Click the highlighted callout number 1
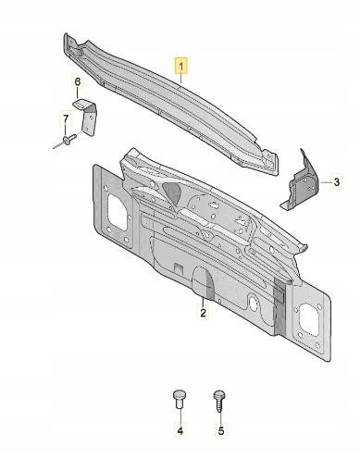click(x=181, y=66)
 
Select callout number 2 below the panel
click(x=203, y=312)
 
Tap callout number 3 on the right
click(x=337, y=182)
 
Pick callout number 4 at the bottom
click(x=180, y=429)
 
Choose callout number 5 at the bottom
click(x=221, y=429)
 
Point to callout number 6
click(x=78, y=81)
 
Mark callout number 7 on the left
click(x=66, y=118)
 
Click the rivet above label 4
click(x=179, y=400)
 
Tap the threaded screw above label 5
click(x=218, y=401)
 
